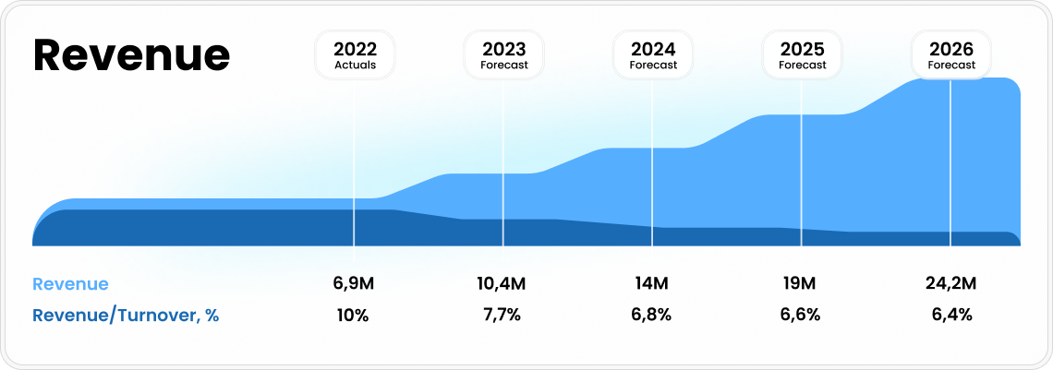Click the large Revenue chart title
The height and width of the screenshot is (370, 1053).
pyautogui.click(x=131, y=55)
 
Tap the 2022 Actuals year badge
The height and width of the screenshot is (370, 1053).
pyautogui.click(x=355, y=54)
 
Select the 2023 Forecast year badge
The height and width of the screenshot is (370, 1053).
pyautogui.click(x=503, y=54)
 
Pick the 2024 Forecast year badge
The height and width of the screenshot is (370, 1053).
pyautogui.click(x=653, y=54)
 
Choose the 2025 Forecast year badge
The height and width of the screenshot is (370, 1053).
pyautogui.click(x=802, y=54)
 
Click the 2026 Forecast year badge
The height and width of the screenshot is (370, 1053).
pyautogui.click(x=951, y=54)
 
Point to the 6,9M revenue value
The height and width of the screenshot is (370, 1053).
pyautogui.click(x=355, y=283)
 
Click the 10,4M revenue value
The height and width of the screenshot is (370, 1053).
pyautogui.click(x=502, y=283)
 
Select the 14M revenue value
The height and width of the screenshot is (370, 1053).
pyautogui.click(x=652, y=283)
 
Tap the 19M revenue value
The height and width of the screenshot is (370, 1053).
pyautogui.click(x=801, y=283)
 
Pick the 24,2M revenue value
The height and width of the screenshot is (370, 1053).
pyautogui.click(x=951, y=283)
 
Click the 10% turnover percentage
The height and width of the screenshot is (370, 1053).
pyautogui.click(x=354, y=315)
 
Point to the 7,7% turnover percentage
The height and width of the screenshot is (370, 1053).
pyautogui.click(x=502, y=315)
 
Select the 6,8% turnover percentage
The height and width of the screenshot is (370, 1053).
pyautogui.click(x=652, y=315)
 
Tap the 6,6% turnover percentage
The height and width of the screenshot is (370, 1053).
pyautogui.click(x=801, y=315)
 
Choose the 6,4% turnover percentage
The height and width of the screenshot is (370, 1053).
pyautogui.click(x=951, y=315)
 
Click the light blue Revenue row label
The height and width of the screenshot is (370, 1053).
pyautogui.click(x=70, y=284)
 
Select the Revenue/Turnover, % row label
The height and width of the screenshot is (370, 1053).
pyautogui.click(x=126, y=316)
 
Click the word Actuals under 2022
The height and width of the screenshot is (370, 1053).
pyautogui.click(x=355, y=66)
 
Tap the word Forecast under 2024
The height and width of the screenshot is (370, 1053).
pyautogui.click(x=653, y=66)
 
